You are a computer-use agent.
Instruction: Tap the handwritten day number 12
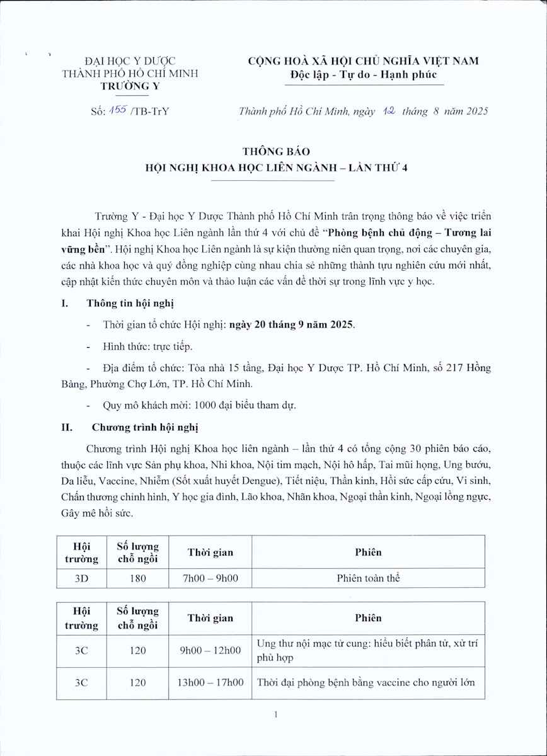(388, 111)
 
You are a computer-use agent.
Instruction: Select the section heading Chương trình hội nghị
(145, 428)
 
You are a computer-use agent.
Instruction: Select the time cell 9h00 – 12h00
(210, 650)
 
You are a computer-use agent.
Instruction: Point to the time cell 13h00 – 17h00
(210, 683)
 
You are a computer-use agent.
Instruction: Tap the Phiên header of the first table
(368, 553)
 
